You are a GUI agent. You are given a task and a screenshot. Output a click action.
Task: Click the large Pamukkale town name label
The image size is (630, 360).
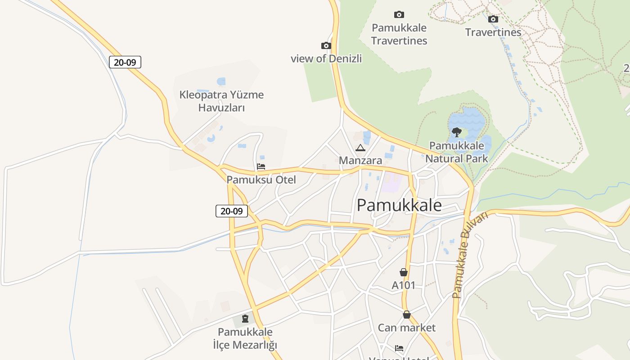(x=399, y=205)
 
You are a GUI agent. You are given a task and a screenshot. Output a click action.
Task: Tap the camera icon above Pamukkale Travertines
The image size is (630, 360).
(x=399, y=14)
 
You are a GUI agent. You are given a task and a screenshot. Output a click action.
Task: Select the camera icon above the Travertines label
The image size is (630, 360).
(x=493, y=19)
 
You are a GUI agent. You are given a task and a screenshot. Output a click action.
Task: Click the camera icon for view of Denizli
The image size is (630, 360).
(x=326, y=45)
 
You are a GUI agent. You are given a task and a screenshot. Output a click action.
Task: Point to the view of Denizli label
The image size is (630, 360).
(x=326, y=58)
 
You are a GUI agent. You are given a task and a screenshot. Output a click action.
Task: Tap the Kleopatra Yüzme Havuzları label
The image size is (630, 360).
(x=221, y=101)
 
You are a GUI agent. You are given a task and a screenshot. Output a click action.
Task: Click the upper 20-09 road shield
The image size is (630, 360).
(x=125, y=62)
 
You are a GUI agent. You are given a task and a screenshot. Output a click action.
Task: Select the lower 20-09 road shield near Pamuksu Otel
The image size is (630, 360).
(x=232, y=211)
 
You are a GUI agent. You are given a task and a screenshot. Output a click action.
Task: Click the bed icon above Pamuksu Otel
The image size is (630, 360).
(x=261, y=166)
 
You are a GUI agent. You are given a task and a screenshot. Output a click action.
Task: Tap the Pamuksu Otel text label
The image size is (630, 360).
(x=261, y=180)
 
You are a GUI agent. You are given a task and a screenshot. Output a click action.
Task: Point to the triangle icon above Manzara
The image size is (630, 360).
(x=360, y=148)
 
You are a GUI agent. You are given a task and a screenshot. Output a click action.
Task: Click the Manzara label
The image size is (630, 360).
(x=360, y=160)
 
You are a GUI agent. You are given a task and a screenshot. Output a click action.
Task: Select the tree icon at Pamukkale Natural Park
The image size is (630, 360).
(x=456, y=132)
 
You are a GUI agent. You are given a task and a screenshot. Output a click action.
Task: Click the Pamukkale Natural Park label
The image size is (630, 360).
(x=456, y=152)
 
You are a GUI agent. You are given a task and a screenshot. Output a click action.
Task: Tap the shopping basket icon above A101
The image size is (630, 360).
(x=404, y=272)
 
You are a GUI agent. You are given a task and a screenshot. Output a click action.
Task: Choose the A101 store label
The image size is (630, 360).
(x=404, y=285)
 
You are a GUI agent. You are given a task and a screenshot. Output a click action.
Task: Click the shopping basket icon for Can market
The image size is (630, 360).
(x=407, y=315)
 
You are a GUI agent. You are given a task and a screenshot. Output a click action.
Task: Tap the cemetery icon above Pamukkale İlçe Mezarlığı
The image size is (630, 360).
(x=245, y=319)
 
